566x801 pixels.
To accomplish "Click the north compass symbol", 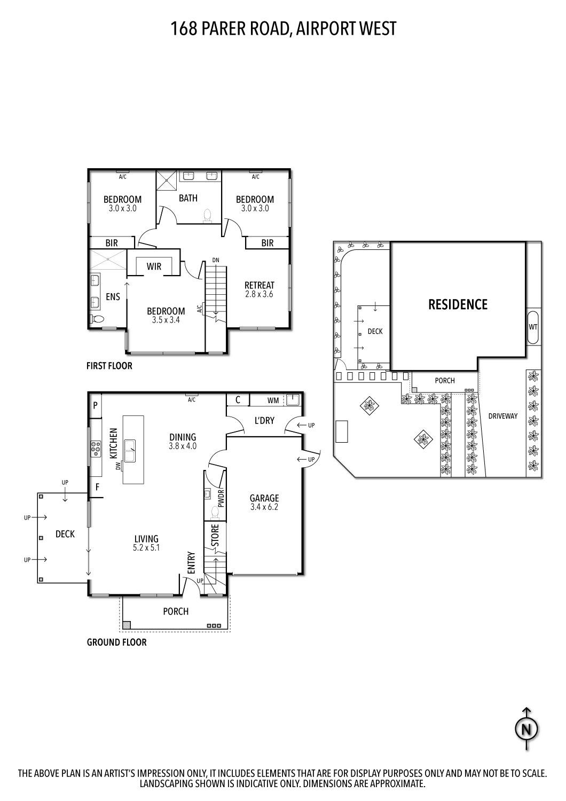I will tap(526, 728).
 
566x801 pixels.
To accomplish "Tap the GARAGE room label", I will tap(264, 499).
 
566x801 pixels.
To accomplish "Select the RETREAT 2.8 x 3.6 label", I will tap(259, 289).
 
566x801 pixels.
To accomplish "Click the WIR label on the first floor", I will tap(154, 266).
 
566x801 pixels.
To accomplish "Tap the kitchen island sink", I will tap(130, 450).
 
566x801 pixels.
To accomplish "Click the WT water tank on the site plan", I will tap(533, 326).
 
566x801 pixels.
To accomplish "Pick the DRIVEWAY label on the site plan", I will tap(503, 415).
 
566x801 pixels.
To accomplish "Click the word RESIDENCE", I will tap(458, 304).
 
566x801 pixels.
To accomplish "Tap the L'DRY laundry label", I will tap(264, 421).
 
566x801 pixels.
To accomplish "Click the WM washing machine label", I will tap(273, 400).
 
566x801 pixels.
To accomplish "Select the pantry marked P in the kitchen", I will tap(96, 405).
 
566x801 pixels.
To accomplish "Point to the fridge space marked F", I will tap(97, 487).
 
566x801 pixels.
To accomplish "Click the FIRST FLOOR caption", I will tap(109, 366).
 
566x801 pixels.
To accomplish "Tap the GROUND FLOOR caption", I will tap(116, 642).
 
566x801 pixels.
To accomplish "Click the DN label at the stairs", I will tap(215, 260).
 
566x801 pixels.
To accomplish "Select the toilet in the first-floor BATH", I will tap(208, 215).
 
